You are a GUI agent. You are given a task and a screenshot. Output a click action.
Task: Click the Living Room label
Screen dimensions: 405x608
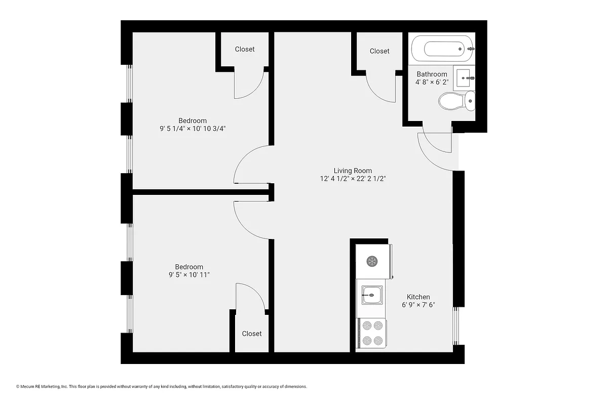[x=353, y=171]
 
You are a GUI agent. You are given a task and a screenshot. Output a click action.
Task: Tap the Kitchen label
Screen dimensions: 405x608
[x=419, y=297]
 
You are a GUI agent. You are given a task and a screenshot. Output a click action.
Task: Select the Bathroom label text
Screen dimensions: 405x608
[x=432, y=74]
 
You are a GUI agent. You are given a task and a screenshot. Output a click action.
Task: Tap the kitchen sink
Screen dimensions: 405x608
[x=371, y=294]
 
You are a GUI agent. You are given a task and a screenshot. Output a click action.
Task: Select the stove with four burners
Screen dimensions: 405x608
[x=371, y=334]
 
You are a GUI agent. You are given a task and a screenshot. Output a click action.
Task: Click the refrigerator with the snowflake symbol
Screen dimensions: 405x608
[x=372, y=261]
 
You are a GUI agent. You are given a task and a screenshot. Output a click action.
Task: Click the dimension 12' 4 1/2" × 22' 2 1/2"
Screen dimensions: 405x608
[x=353, y=179]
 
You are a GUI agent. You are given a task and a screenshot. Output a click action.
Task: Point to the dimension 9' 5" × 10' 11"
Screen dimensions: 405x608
[x=189, y=274]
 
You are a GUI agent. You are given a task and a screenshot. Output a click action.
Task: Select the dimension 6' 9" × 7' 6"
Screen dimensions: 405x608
[x=419, y=305]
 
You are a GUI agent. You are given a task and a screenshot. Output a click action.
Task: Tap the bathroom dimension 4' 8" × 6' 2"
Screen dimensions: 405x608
[x=432, y=82]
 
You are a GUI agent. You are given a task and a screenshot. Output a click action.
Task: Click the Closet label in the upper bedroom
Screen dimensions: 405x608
[x=245, y=49]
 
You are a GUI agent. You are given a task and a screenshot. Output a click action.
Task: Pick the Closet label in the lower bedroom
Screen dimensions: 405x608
[x=252, y=334]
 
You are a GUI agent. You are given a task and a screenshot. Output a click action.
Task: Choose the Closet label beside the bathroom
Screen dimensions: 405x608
[x=379, y=51]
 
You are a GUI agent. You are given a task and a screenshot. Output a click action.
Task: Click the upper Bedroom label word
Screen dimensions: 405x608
[x=193, y=120]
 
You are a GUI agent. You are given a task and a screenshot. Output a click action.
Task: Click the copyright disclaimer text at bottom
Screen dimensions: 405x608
[x=162, y=386]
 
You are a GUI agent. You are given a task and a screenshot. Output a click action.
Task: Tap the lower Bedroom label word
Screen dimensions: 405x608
[x=189, y=267]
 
